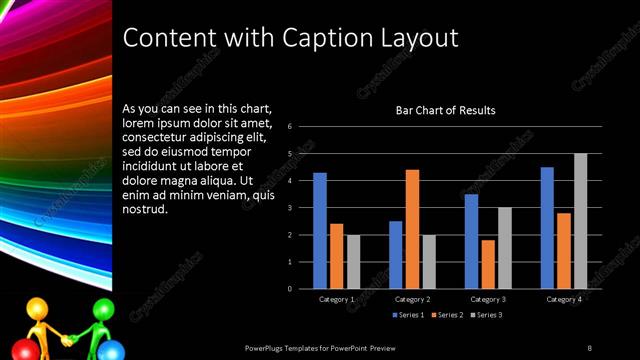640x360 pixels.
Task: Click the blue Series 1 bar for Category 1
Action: click(320, 231)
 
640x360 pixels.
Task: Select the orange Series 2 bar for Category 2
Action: click(412, 229)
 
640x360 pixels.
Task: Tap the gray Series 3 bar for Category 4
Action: click(580, 221)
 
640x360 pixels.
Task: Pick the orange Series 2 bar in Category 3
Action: click(488, 264)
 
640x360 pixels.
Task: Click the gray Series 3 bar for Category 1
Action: click(353, 262)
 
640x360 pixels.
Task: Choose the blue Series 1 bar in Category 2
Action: click(396, 255)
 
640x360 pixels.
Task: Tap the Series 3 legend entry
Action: click(485, 316)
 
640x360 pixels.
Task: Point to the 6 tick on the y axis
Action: click(289, 127)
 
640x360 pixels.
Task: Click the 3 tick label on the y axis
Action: click(289, 208)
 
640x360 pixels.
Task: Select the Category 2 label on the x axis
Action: click(412, 299)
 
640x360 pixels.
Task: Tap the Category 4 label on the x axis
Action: click(564, 299)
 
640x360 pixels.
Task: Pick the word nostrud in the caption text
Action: click(144, 209)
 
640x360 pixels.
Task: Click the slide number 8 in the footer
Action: click(589, 348)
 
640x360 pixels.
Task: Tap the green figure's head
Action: click(104, 309)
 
